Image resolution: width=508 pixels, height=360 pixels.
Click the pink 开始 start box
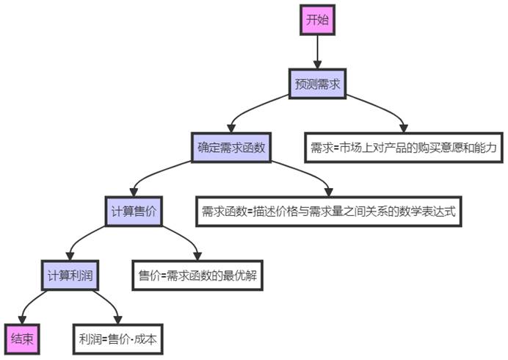pos(317,20)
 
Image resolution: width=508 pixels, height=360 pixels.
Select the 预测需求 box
pos(317,84)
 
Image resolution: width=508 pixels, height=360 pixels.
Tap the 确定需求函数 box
pos(231,148)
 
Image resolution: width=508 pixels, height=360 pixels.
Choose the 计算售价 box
pos(134,211)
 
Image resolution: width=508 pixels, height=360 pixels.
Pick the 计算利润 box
pos(70,276)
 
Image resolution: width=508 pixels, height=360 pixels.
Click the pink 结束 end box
pos(22,339)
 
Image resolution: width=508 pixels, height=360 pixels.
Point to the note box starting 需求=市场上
pos(404,148)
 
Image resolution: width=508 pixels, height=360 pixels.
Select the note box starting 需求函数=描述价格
pos(329,211)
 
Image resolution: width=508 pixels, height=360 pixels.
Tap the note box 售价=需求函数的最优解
pos(197,276)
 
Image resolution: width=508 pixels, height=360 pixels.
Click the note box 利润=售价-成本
pos(118,339)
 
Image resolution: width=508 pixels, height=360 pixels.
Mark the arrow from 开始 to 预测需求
pos(317,52)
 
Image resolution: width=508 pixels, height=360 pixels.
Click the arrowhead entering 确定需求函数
pos(231,129)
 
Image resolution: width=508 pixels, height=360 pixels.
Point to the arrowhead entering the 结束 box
pos(22,320)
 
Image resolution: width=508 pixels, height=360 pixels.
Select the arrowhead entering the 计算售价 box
pos(134,192)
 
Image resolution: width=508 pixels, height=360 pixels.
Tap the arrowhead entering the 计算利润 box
pos(70,256)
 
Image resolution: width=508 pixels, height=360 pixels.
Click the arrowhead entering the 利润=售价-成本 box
pos(118,320)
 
